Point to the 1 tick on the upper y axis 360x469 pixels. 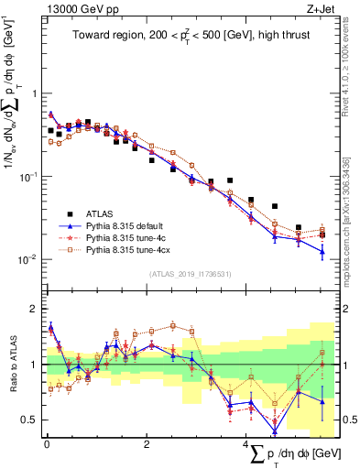point(35,93)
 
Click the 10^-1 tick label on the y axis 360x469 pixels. point(28,176)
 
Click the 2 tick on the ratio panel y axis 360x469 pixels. point(35,310)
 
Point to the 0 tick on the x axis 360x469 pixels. point(47,444)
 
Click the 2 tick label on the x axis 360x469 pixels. point(147,444)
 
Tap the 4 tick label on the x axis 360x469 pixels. point(246,444)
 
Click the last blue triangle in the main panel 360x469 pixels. point(322,251)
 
